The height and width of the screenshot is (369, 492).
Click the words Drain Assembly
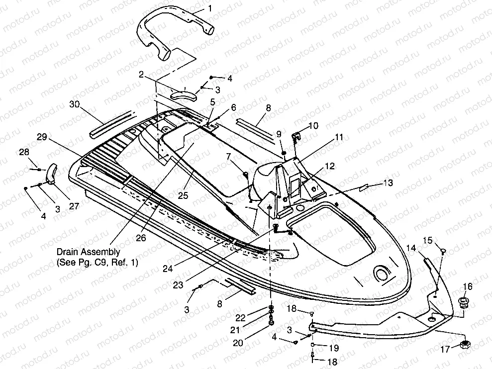pyautogui.click(x=88, y=252)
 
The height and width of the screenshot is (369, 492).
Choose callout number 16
pyautogui.click(x=468, y=286)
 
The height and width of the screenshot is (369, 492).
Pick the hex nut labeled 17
pyautogui.click(x=467, y=344)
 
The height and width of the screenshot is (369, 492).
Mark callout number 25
pyautogui.click(x=183, y=195)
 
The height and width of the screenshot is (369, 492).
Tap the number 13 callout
pyautogui.click(x=388, y=183)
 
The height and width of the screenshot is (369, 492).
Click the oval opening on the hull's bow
pyautogui.click(x=382, y=274)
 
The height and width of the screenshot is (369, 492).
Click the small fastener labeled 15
pyautogui.click(x=443, y=250)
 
